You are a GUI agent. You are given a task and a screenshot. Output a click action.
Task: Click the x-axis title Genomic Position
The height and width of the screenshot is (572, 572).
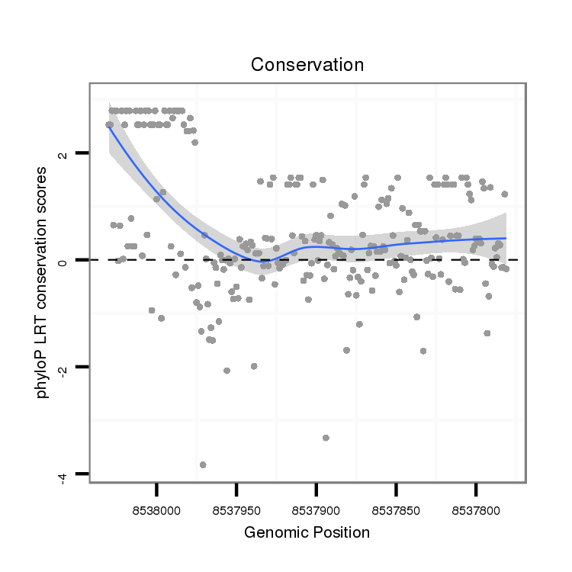(x=307, y=532)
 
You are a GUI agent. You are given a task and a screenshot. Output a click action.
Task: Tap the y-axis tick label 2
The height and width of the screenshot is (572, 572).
(x=64, y=154)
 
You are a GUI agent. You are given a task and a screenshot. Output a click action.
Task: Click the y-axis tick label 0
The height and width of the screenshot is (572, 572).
(x=64, y=261)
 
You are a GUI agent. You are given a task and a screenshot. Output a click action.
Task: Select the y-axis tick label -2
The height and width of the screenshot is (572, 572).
(x=64, y=368)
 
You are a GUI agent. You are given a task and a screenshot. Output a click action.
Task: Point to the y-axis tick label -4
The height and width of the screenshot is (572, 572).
(x=64, y=475)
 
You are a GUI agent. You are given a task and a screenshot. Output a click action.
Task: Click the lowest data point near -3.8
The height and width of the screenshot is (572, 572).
(x=203, y=464)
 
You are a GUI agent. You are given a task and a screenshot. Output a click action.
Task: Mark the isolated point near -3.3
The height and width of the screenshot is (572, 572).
(x=326, y=438)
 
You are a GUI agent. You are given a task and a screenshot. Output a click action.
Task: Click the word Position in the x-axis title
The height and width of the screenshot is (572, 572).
(x=341, y=532)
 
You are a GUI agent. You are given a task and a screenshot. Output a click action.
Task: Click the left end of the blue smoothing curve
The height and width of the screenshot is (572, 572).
(x=108, y=127)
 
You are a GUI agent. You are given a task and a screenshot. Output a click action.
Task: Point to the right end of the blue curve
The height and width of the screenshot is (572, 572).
(x=506, y=238)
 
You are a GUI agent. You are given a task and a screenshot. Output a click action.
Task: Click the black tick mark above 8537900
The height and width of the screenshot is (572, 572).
(x=317, y=488)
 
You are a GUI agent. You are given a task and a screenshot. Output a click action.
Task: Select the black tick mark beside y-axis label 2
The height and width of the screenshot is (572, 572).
(x=82, y=153)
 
